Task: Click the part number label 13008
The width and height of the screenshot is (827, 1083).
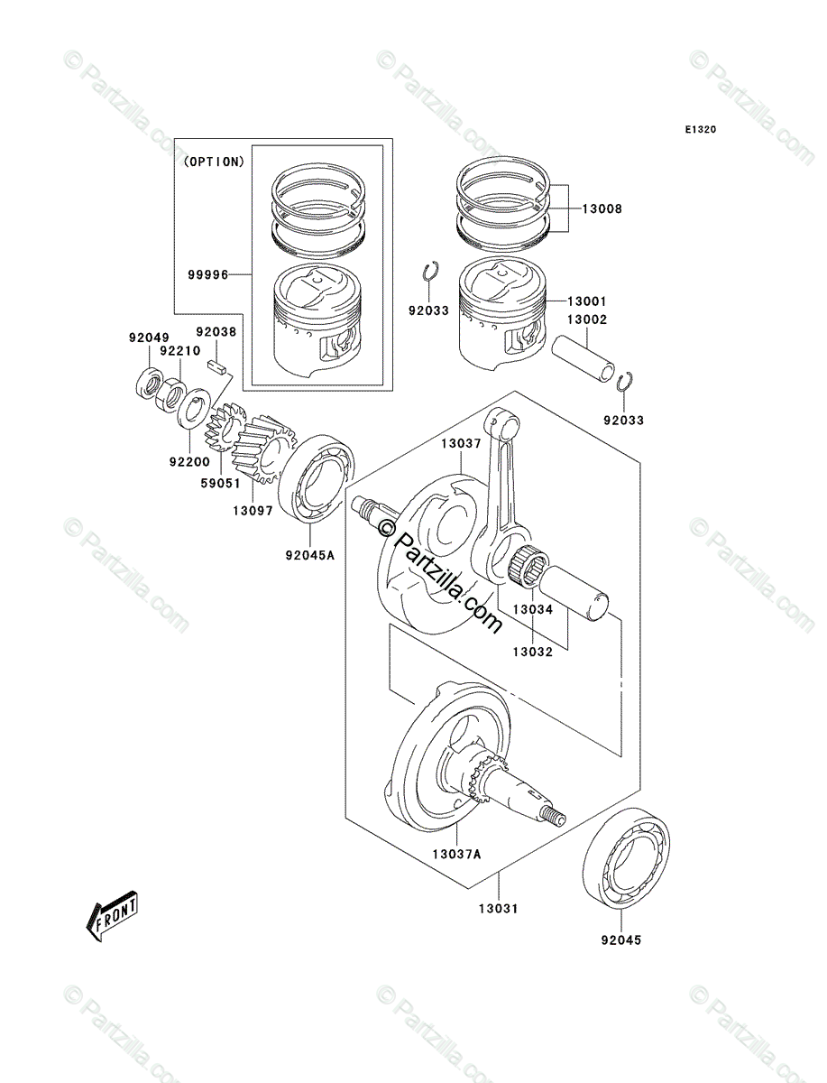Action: click(x=602, y=208)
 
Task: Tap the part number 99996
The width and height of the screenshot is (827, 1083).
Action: click(x=207, y=273)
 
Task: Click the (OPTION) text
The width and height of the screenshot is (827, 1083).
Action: click(x=213, y=162)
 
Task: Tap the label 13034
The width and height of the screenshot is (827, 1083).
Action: click(x=533, y=610)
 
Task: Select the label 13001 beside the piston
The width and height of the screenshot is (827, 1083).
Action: click(x=588, y=301)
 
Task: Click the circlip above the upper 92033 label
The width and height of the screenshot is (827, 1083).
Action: click(x=432, y=272)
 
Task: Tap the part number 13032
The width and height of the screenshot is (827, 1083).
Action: click(x=533, y=650)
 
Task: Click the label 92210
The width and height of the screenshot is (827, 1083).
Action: click(x=179, y=352)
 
